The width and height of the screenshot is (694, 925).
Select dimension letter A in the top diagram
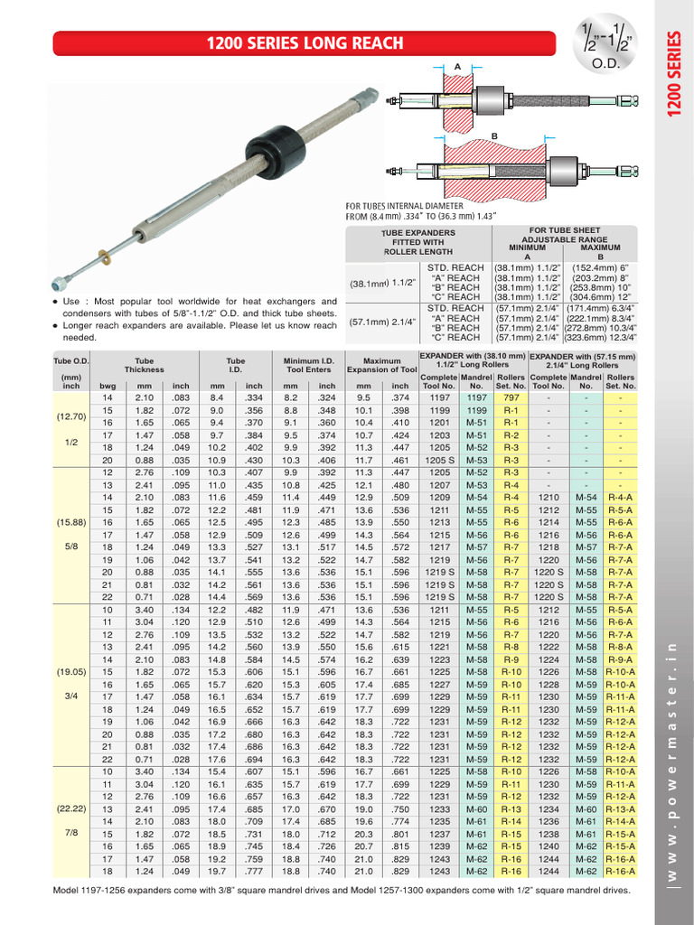[458, 67]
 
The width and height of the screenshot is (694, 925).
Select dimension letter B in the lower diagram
[494, 135]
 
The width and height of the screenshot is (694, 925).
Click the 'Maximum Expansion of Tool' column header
[389, 365]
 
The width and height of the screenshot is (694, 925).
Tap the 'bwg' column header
[108, 386]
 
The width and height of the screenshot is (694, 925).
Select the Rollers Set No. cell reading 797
[511, 397]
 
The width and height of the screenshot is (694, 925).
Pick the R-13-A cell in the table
[621, 809]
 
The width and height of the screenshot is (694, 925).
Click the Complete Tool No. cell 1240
[549, 846]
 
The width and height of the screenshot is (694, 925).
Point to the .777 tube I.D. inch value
[254, 871]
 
